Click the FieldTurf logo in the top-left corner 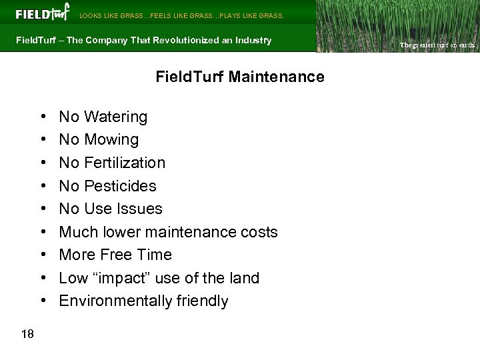coord(42,13)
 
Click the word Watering coord(116,117)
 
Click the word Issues coord(139,209)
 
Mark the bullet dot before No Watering coord(42,117)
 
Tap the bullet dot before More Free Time coord(42,255)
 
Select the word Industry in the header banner coord(253,41)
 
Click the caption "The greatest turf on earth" coord(437,45)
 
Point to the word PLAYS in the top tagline coord(231,15)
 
